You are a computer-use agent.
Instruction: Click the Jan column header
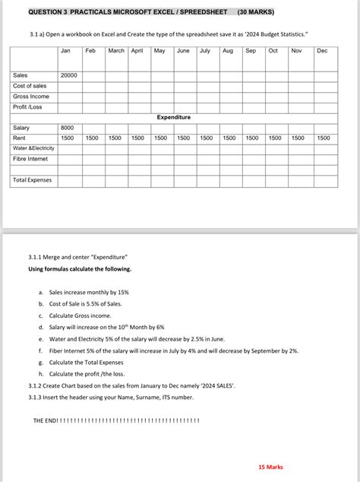coord(65,51)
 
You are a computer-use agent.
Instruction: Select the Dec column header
coord(322,51)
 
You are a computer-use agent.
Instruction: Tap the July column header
coord(205,51)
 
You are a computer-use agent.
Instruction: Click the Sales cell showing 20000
coord(68,76)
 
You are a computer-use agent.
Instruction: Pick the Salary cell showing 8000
coord(67,128)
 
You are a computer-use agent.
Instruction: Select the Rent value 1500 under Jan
coord(67,138)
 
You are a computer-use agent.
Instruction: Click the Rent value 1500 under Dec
coord(324,138)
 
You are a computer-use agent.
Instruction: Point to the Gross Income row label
coord(31,97)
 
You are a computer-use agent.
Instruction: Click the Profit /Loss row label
coord(30,107)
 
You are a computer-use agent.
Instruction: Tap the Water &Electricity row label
coord(33,149)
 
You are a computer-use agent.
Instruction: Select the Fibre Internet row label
coord(30,160)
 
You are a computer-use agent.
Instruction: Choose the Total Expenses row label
coord(33,181)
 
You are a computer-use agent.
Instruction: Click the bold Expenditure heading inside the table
coord(174,118)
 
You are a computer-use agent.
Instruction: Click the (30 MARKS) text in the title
coord(256,13)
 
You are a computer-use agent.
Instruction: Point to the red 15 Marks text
coord(270,467)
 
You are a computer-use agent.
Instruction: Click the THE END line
coord(116,420)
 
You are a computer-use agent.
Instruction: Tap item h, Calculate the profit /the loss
coord(87,374)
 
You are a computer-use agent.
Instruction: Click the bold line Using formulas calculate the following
coord(80,269)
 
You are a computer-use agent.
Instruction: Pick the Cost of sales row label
coord(30,86)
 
